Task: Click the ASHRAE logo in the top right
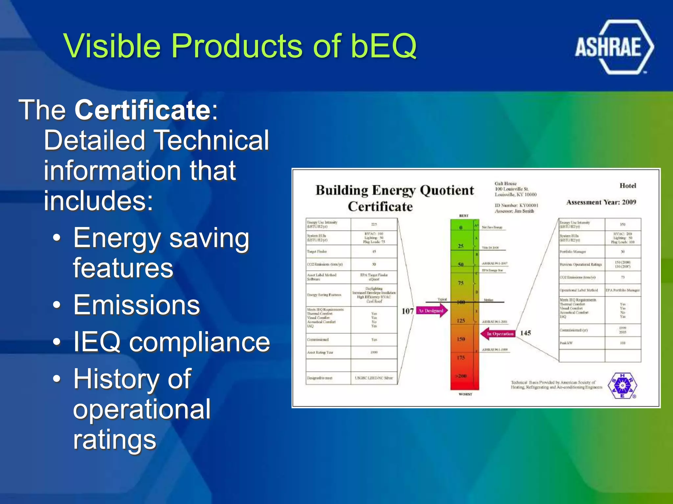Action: pos(614,47)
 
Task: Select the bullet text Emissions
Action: pos(137,305)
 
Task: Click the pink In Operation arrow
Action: pos(498,334)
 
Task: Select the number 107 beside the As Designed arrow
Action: pos(407,311)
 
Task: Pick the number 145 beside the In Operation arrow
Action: pos(525,333)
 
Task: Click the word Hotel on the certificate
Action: pos(628,186)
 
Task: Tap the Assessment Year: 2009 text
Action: pos(601,202)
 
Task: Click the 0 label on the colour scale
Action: pos(461,227)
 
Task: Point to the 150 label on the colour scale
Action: pos(461,339)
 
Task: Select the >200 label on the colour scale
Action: pos(461,376)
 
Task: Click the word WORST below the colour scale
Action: pos(465,394)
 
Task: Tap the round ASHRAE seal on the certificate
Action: pos(622,386)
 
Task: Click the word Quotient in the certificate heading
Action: pos(447,190)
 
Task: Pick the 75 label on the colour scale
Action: pos(461,283)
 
